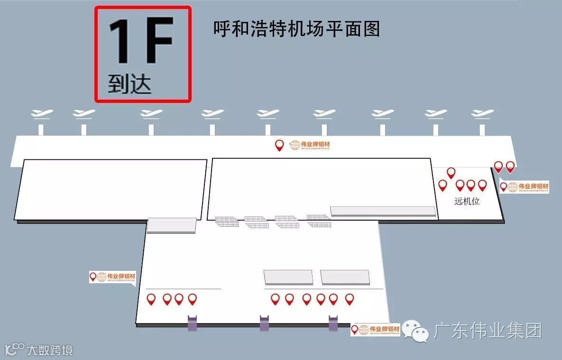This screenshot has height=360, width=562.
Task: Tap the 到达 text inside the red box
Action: click(x=129, y=84)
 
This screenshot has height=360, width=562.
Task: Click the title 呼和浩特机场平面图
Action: click(x=297, y=29)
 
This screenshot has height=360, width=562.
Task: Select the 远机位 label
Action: click(x=467, y=201)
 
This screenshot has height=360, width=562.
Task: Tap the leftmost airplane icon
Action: click(x=41, y=114)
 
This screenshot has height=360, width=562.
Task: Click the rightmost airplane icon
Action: click(x=482, y=114)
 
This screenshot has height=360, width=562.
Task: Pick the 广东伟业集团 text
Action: click(x=487, y=331)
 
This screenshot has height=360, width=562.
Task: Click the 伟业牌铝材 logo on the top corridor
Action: click(x=309, y=145)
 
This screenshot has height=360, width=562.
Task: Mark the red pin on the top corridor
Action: click(x=279, y=145)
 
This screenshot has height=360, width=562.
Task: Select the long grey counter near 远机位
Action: click(x=383, y=211)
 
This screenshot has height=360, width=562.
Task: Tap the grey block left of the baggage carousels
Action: click(x=171, y=225)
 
